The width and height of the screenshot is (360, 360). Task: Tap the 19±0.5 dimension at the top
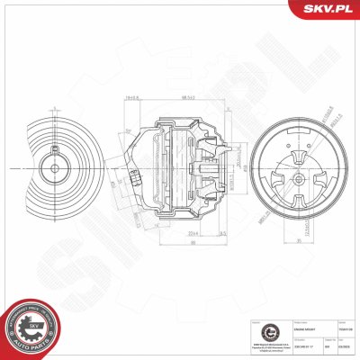pos(132,97)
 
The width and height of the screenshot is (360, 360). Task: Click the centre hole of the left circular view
pos(54,166)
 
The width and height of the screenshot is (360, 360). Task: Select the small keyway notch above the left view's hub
pos(54,154)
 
